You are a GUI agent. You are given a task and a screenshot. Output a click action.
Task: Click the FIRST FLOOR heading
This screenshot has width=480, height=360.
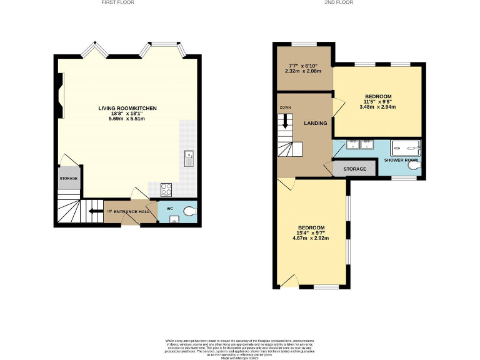point(117,2)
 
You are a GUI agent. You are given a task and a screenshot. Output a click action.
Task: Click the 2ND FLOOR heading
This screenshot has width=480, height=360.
point(340,2)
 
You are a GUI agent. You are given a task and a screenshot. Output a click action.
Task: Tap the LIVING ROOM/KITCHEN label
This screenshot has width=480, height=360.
point(127,108)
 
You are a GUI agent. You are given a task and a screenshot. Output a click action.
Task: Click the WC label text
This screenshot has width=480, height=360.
point(169,208)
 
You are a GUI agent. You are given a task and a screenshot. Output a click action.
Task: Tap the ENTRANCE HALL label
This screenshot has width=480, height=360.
point(131,212)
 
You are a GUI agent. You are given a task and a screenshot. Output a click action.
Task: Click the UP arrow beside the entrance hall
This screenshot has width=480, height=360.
point(94,211)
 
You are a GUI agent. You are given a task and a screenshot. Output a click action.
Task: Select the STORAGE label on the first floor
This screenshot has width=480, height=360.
point(69,179)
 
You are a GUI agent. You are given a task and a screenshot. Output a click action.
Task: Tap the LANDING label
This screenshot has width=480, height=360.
point(316,123)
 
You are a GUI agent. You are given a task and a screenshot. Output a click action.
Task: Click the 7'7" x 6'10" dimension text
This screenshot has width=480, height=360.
point(303,66)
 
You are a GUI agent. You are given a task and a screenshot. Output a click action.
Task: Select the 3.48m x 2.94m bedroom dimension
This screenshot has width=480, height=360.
point(377,107)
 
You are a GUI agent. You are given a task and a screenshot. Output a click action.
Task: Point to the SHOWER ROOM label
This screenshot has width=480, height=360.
point(401,161)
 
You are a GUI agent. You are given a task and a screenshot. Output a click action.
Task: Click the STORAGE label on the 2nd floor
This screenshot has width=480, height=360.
point(354,169)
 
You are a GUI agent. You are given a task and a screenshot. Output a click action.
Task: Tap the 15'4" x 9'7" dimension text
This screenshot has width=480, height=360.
point(311,233)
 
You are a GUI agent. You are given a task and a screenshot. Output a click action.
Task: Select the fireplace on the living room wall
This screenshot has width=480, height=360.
point(60,95)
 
